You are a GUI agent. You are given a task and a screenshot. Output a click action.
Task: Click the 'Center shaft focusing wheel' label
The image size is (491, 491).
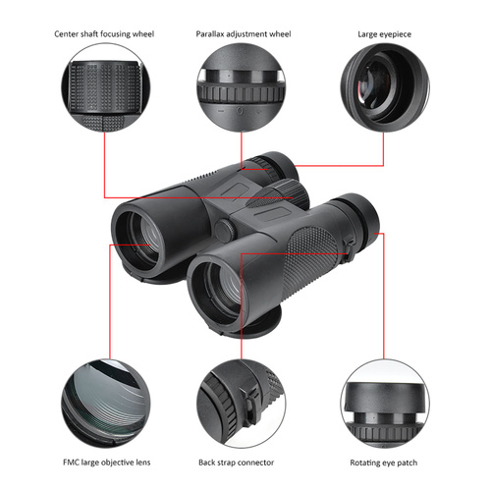(x=104, y=34)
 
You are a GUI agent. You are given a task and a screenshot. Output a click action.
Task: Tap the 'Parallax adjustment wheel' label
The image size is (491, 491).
(x=244, y=34)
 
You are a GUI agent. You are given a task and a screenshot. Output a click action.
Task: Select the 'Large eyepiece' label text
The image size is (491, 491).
(x=384, y=34)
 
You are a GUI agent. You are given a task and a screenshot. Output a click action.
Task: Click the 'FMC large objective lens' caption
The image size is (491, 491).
(x=107, y=463)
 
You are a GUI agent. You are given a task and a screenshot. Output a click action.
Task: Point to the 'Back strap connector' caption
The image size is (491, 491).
(x=237, y=463)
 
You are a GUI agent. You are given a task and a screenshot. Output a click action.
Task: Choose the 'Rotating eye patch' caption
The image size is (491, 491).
(x=384, y=463)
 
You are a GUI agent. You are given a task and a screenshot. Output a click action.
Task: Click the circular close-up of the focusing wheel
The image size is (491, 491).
(x=106, y=87)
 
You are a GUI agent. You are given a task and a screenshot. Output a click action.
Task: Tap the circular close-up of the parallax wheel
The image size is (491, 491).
(x=241, y=87)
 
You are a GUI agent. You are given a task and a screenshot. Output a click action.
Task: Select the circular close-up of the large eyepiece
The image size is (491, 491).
(x=385, y=87)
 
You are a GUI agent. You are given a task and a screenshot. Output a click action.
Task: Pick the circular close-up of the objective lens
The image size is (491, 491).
(x=106, y=404)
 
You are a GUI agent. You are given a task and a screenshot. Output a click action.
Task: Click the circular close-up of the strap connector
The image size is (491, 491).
(x=241, y=404)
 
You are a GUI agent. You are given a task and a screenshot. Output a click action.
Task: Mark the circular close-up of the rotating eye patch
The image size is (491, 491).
(x=385, y=404)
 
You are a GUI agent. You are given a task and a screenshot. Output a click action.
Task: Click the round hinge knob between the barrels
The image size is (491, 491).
(x=225, y=230)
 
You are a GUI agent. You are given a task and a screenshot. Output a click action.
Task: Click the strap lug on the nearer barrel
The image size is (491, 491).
(x=349, y=249)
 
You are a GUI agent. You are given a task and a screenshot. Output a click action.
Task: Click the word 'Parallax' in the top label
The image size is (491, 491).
(x=210, y=34)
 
